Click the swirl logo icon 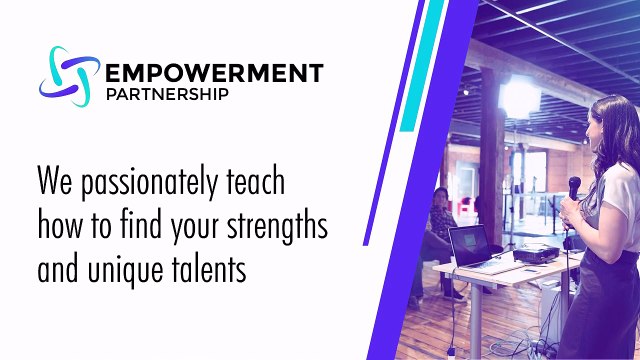click(x=70, y=76)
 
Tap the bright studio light click(x=519, y=95)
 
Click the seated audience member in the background click(x=439, y=225)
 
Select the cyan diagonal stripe click(x=417, y=70)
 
